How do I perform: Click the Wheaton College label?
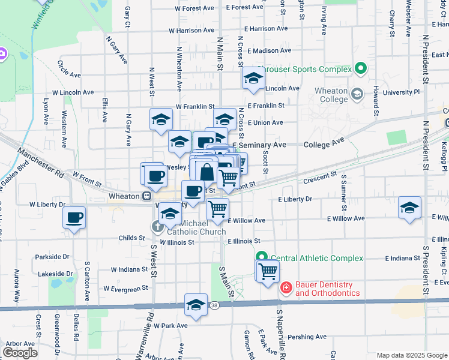pyautogui.click(x=331, y=95)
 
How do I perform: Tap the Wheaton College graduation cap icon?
pyautogui.click(x=357, y=94)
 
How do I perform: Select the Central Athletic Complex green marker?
pyautogui.click(x=262, y=257)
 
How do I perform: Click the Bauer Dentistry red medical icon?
pyautogui.click(x=286, y=288)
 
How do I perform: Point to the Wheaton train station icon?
pyautogui.click(x=146, y=196)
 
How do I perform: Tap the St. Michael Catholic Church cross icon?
pyautogui.click(x=157, y=227)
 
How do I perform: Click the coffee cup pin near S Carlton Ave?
pyautogui.click(x=74, y=218)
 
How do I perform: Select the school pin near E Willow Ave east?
pyautogui.click(x=409, y=208)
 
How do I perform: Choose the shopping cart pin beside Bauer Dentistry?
pyautogui.click(x=268, y=271)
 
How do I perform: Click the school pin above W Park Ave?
pyautogui.click(x=196, y=305)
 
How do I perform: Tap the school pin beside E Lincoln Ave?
pyautogui.click(x=253, y=79)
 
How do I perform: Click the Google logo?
pyautogui.click(x=20, y=352)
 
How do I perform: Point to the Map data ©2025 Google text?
pyautogui.click(x=411, y=355)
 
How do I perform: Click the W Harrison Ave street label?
pyautogui.click(x=188, y=30)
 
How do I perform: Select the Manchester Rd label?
pyautogui.click(x=41, y=162)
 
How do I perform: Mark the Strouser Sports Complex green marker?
pyautogui.click(x=360, y=69)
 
